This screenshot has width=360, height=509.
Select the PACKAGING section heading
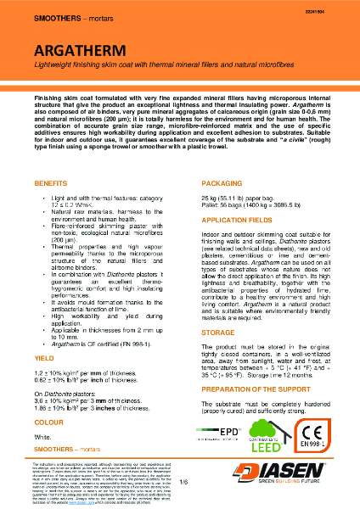click(x=208, y=159)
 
